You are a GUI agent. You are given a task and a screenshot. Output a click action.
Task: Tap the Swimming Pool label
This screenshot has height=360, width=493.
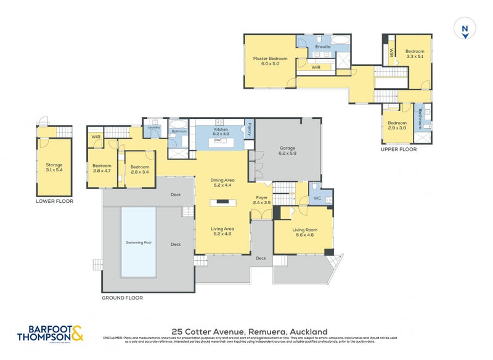coord(139,242)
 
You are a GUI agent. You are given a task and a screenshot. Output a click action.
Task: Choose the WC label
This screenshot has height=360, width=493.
coord(317,198)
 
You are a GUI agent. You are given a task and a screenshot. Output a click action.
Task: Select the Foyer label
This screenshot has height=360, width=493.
coord(261,199)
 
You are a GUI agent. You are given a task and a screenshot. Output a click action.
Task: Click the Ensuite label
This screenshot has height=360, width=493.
coord(323,47)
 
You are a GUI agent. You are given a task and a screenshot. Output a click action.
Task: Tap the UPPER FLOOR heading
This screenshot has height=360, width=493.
coord(399,149)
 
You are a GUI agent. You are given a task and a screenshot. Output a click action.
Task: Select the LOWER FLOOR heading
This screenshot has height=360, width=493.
coord(54,201)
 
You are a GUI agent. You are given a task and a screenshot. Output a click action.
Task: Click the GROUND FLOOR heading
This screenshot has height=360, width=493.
coord(122,297)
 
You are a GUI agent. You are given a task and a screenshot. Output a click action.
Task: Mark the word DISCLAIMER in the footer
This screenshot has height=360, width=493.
coord(115,338)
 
